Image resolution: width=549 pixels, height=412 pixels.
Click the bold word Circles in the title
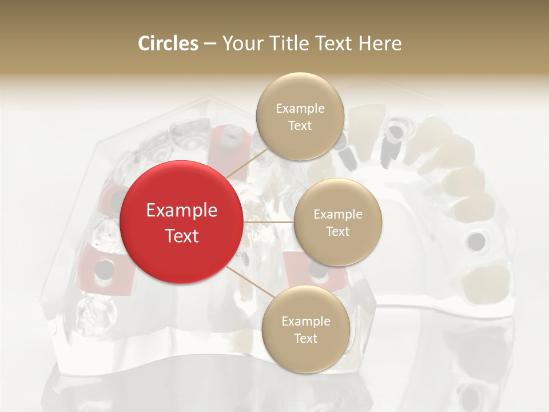tap(168, 43)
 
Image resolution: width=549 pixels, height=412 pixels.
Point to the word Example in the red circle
tap(182, 211)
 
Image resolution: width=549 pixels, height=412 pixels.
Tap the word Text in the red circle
tap(182, 235)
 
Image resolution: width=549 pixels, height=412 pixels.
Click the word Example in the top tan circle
tap(300, 109)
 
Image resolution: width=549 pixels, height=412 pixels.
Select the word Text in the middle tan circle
tap(338, 231)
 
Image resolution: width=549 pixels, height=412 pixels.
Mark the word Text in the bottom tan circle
tap(305, 338)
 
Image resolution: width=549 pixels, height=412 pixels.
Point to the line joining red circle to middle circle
tap(268, 221)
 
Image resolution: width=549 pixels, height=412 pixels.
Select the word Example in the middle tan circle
tap(338, 215)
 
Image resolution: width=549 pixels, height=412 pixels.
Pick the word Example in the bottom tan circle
tap(306, 322)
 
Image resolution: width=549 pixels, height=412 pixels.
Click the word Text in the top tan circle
tap(300, 125)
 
